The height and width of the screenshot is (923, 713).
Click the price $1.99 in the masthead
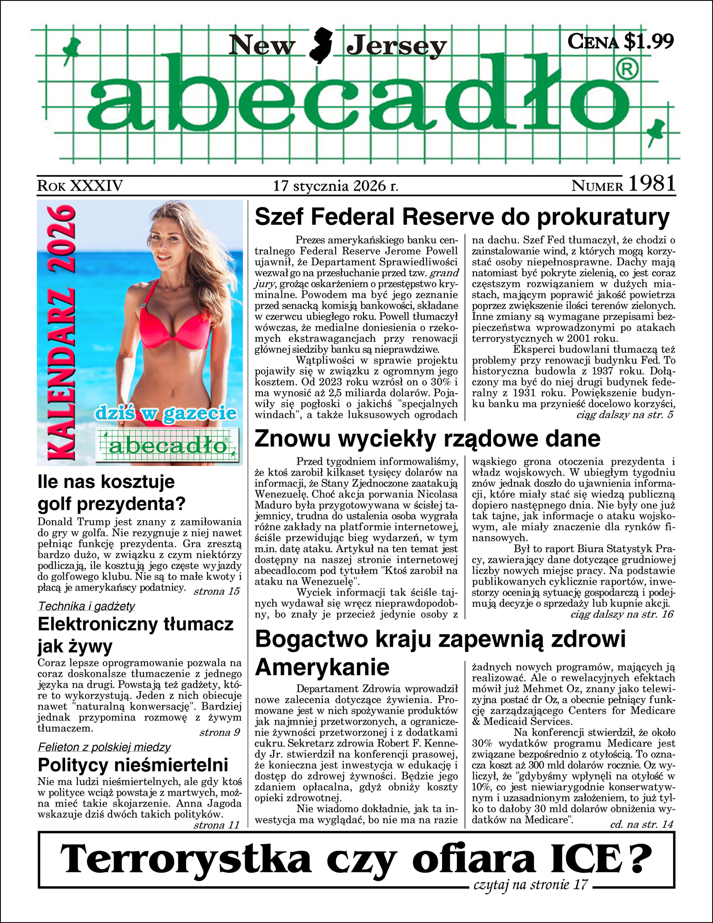648,42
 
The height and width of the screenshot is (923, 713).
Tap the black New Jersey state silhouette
320,46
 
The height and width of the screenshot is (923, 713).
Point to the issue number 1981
652,184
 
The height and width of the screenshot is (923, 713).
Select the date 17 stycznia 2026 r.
336,186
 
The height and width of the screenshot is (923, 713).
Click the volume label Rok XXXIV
80,186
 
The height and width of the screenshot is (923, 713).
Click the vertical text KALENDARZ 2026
62,333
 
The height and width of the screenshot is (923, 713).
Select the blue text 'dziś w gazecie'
166,413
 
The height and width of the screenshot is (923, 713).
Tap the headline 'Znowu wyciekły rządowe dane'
427,438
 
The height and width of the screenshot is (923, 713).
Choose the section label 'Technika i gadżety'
87,606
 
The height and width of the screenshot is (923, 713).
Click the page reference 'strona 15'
216,592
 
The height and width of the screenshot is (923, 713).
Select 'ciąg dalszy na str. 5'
625,415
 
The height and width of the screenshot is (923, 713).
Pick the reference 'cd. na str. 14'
642,824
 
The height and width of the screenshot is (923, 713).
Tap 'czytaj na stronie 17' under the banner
530,885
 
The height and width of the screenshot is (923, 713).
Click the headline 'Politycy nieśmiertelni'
133,765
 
